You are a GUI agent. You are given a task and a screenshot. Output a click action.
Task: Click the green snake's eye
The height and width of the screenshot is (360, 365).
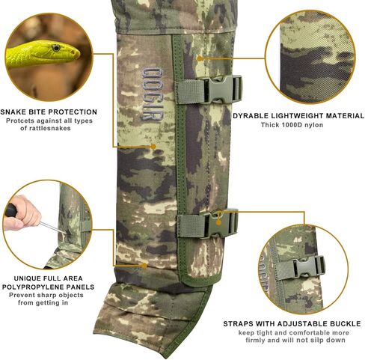point(56,48)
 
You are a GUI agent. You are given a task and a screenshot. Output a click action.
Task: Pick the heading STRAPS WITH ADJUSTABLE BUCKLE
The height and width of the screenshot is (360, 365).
point(292,324)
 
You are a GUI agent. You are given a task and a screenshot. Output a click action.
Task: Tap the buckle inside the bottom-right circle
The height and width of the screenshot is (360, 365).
point(307,266)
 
